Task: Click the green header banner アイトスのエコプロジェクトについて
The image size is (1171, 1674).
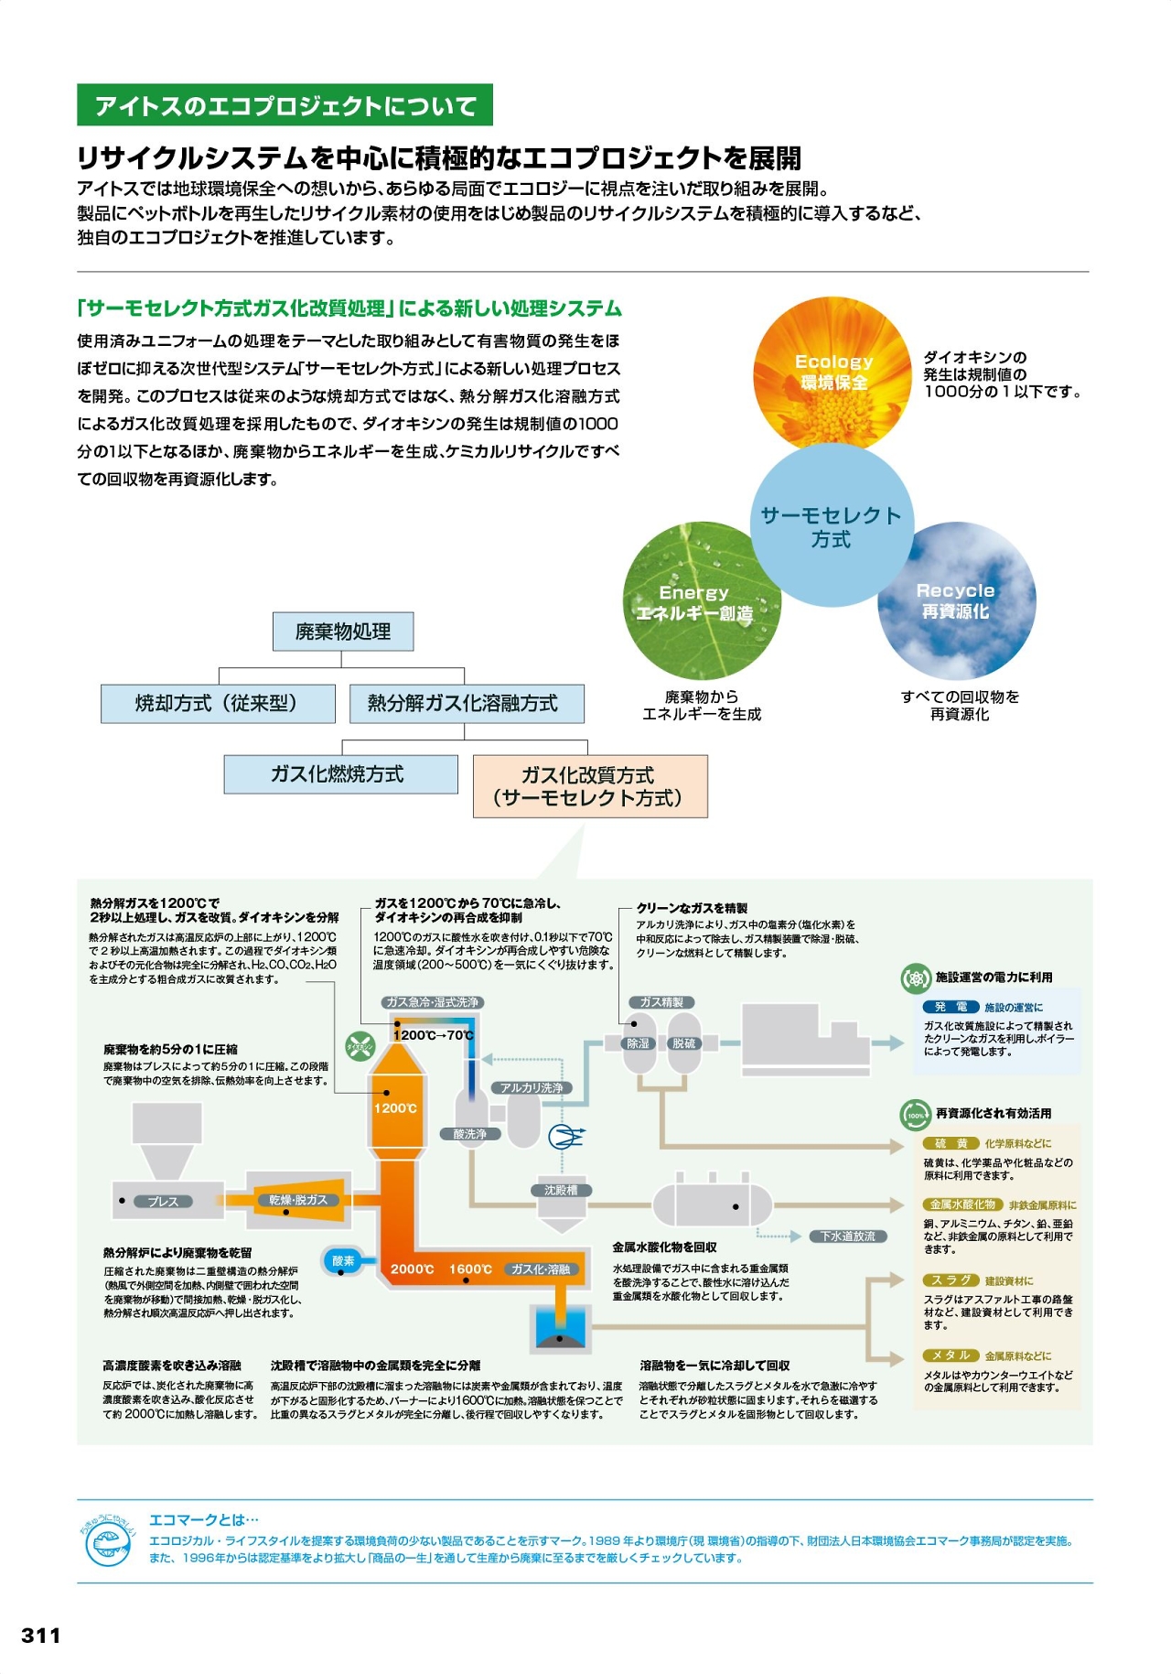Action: click(x=285, y=105)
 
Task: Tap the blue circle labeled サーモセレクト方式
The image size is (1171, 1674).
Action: click(x=832, y=526)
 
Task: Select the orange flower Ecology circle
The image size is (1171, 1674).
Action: click(x=833, y=373)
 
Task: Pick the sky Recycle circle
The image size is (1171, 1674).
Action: click(x=956, y=600)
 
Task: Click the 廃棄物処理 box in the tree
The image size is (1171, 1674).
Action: click(x=343, y=632)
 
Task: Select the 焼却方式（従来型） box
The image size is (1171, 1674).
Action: click(x=217, y=703)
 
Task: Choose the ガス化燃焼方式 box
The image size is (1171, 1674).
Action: click(x=340, y=774)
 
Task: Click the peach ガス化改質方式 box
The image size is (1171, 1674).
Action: click(x=590, y=786)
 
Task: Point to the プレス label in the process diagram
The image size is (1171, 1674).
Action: click(x=164, y=1201)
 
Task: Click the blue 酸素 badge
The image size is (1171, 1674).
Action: click(x=343, y=1261)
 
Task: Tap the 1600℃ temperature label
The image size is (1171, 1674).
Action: click(x=470, y=1269)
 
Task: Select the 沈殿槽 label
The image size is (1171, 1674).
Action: click(x=561, y=1190)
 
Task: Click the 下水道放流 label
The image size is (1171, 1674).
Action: click(x=847, y=1236)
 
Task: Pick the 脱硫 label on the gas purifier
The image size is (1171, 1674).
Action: click(x=683, y=1043)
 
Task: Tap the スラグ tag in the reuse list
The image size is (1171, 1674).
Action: click(x=951, y=1280)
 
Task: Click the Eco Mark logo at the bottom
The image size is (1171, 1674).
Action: click(x=109, y=1543)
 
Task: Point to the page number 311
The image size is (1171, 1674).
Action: click(x=41, y=1635)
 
